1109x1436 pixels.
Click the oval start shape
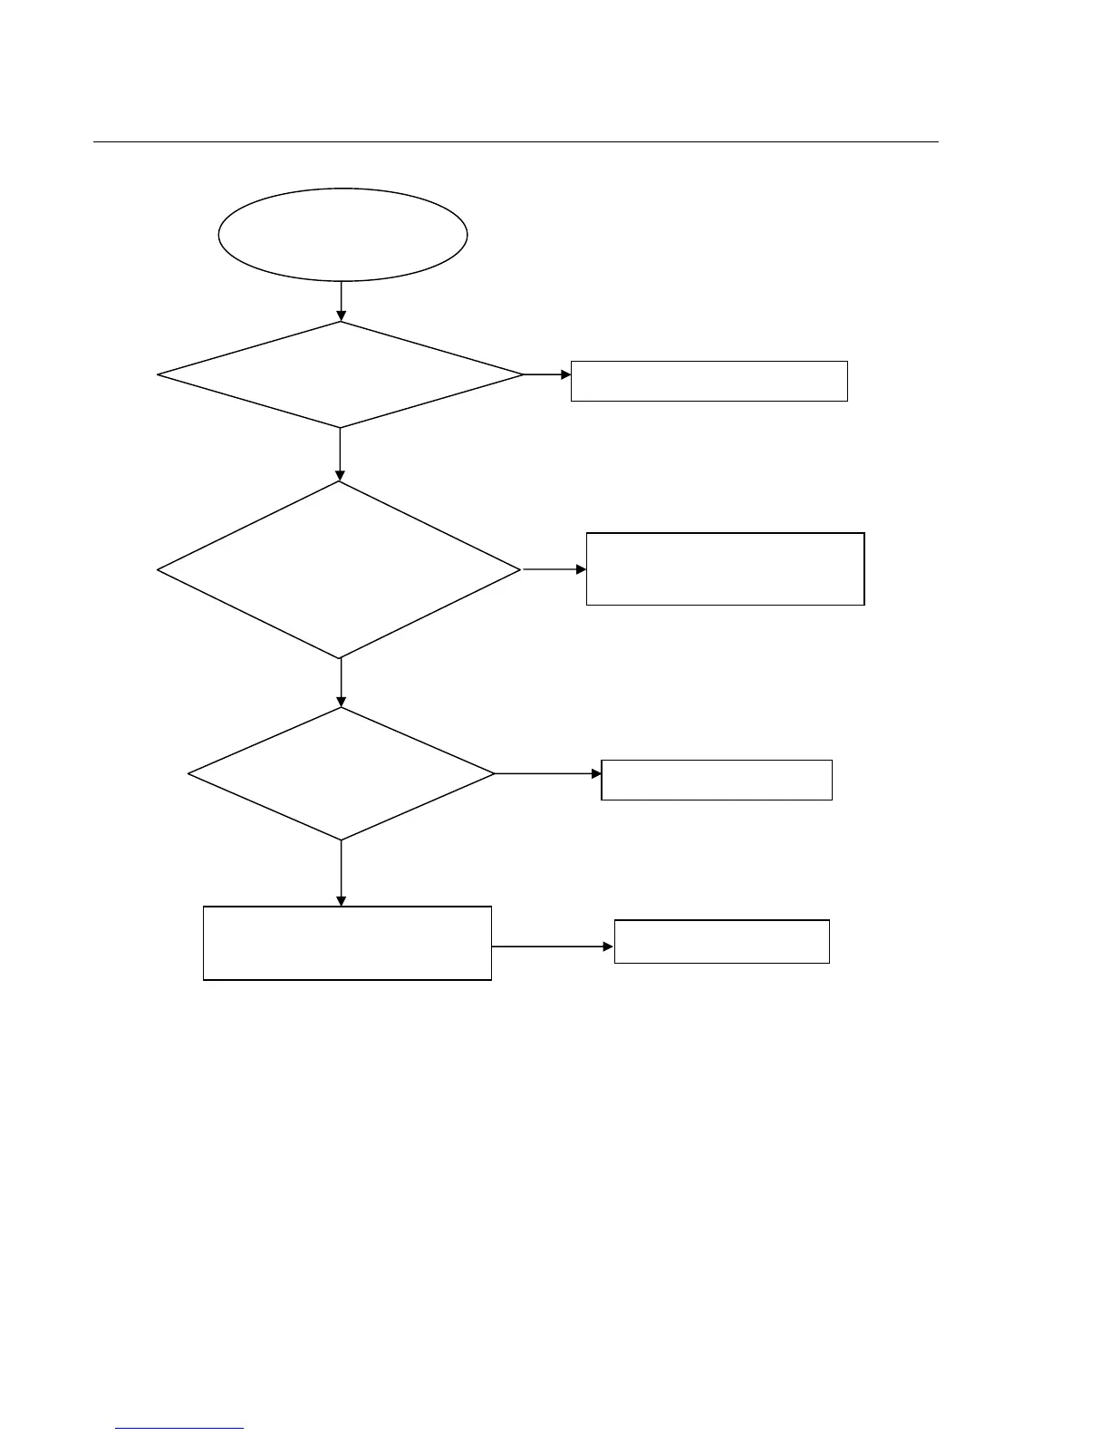(x=342, y=234)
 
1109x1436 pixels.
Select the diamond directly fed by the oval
(x=340, y=374)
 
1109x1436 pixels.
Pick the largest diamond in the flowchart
(x=339, y=569)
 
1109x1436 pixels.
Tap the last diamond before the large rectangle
(x=341, y=773)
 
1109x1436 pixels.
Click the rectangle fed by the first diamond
(x=709, y=381)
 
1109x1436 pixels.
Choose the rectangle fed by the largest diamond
(x=725, y=568)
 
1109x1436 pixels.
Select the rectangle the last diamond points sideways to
(x=716, y=780)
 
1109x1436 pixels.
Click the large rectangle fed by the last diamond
(x=347, y=943)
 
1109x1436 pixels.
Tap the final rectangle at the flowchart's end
(x=721, y=941)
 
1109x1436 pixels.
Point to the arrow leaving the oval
(x=341, y=301)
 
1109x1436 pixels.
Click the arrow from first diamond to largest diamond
(x=340, y=453)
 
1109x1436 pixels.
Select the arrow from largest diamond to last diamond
(x=341, y=682)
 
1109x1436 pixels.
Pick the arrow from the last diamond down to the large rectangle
(x=341, y=872)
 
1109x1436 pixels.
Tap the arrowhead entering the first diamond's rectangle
(x=565, y=374)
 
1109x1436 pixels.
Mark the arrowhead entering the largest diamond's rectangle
(x=581, y=569)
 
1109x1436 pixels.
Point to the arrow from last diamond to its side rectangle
(x=548, y=773)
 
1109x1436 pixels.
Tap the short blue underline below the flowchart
(x=179, y=1428)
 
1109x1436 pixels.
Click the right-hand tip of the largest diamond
(x=519, y=569)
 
